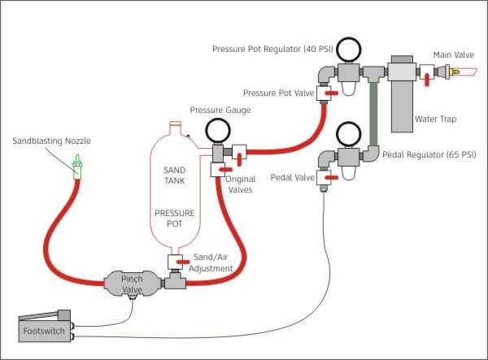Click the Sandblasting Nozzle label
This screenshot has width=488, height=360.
pyautogui.click(x=51, y=141)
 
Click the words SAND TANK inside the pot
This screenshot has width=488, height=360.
pyautogui.click(x=173, y=174)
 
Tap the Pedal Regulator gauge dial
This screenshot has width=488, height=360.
pyautogui.click(x=348, y=133)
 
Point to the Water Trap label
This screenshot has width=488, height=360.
pyautogui.click(x=436, y=119)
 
